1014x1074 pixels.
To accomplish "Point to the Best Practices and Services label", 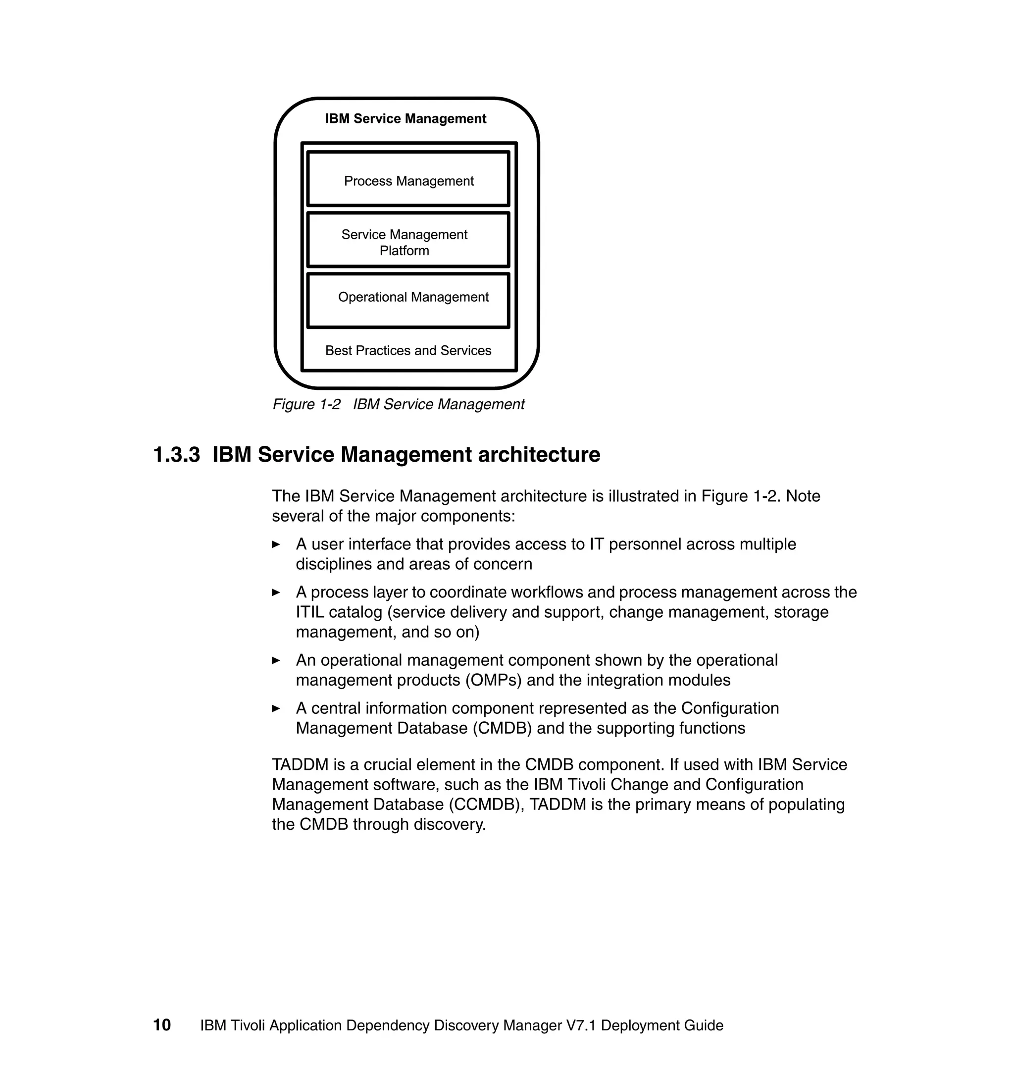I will pos(408,350).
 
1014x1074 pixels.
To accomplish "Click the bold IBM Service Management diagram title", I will pos(406,118).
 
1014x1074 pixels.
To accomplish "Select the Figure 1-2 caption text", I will pos(399,405).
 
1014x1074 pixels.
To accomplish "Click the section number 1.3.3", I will pos(177,455).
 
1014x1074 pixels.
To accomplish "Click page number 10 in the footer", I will pos(161,1025).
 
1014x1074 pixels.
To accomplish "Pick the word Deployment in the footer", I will pos(632,1025).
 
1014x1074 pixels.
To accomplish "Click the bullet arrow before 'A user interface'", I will pos(276,544).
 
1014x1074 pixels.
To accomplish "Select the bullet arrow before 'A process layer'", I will pos(276,592).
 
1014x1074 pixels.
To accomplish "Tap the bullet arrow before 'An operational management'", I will pos(276,660).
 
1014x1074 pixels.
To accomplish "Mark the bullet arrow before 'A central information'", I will pos(276,708).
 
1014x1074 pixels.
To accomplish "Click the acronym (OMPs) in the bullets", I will pos(493,680).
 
